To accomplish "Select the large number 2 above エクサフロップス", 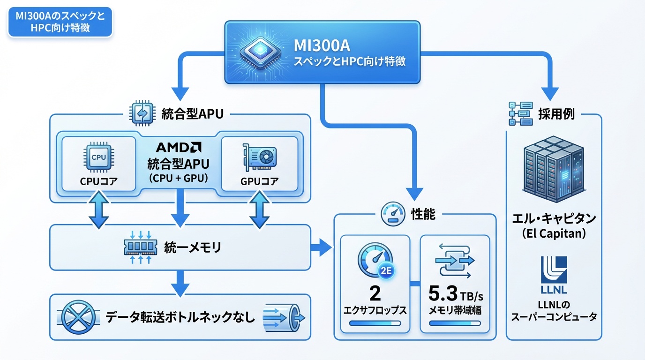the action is pos(375,294).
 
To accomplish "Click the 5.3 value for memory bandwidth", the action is pos(443,294).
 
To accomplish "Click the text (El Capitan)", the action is pos(554,233).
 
